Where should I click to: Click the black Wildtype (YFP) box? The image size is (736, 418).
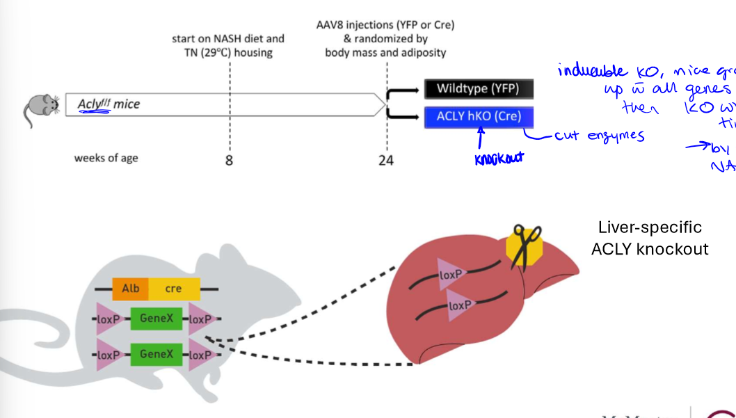click(479, 88)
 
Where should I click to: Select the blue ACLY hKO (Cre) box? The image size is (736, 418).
click(479, 116)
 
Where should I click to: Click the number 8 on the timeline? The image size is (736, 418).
click(229, 161)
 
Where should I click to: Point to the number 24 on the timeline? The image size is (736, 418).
click(386, 161)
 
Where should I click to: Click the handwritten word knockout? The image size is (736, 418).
click(498, 158)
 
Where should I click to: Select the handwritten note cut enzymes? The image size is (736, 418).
click(599, 136)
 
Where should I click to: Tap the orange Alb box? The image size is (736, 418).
click(130, 289)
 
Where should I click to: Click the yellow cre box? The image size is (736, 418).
click(173, 289)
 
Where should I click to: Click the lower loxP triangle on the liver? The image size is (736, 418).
click(460, 306)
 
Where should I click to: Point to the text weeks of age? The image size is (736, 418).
click(106, 158)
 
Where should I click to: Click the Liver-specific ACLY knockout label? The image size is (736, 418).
click(650, 238)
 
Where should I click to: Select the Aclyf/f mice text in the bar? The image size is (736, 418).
click(109, 104)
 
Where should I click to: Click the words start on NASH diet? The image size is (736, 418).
click(228, 39)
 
